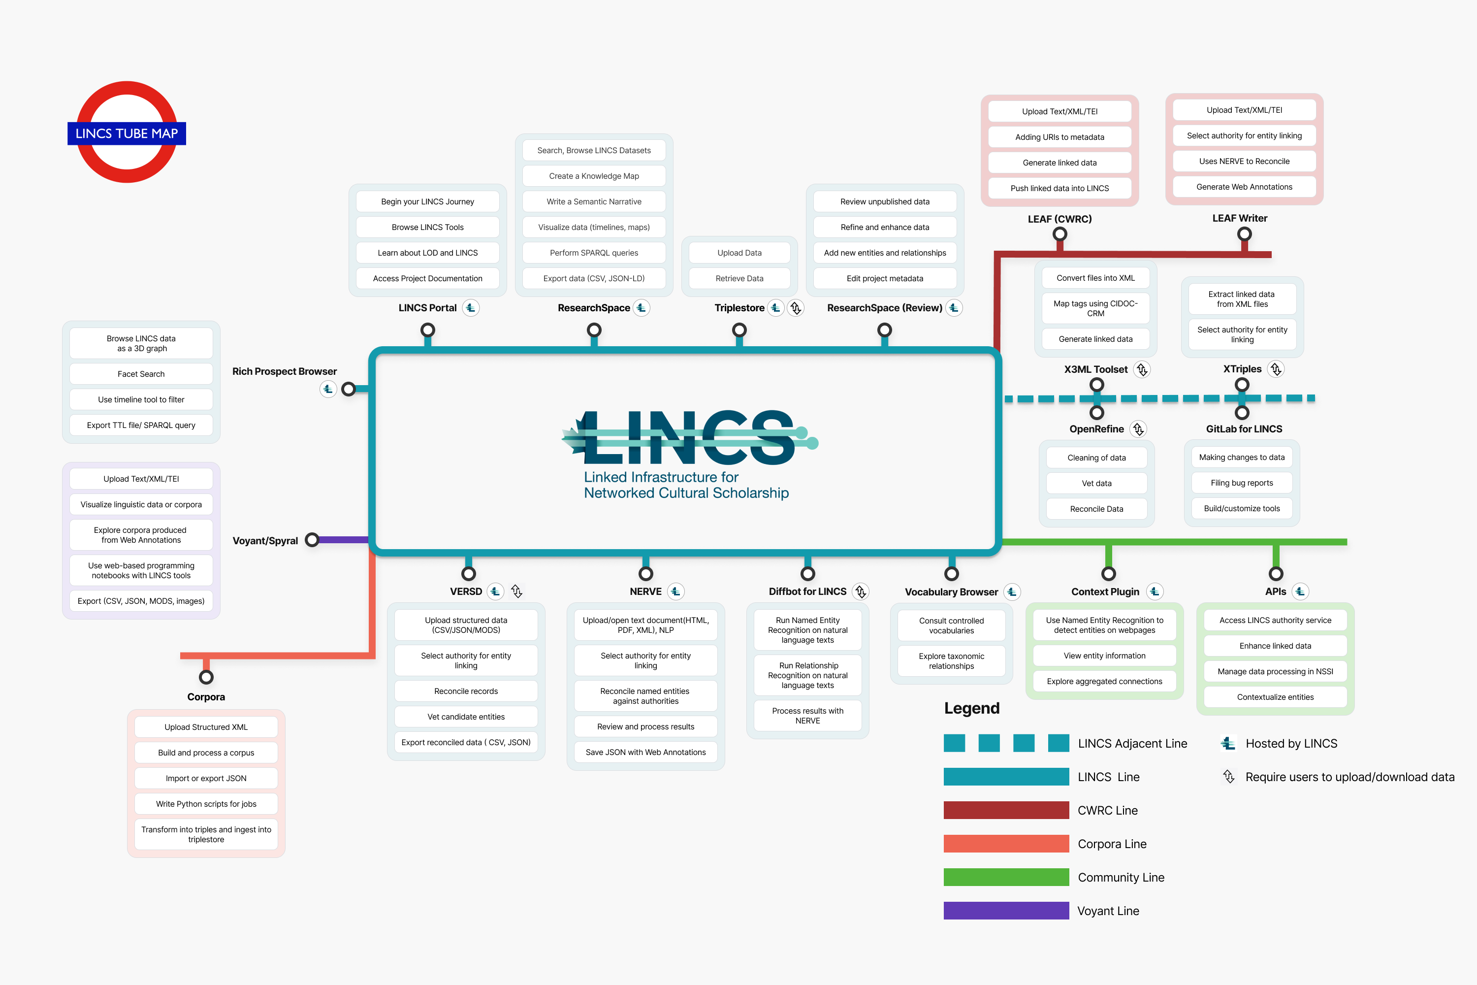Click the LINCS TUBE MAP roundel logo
(127, 132)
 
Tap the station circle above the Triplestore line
(739, 330)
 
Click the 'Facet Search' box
(141, 374)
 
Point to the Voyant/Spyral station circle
(312, 540)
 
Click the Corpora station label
(206, 697)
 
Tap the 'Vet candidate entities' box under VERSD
(466, 717)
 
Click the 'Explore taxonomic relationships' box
(951, 661)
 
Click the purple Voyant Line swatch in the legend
(1006, 910)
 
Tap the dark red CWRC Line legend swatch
(1006, 810)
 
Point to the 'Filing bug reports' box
(1242, 483)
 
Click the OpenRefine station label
(1096, 429)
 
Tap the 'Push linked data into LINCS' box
(1060, 189)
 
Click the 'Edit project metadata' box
(884, 278)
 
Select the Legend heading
(971, 708)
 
